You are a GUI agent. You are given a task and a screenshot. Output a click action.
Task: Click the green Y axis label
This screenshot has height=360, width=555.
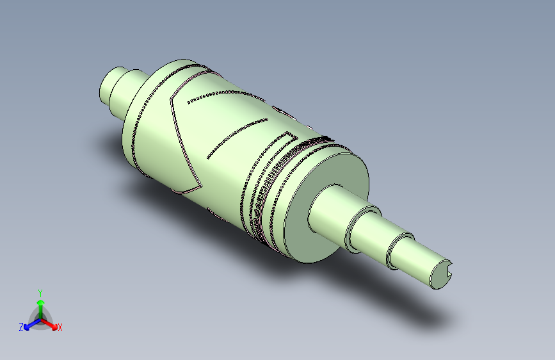[40, 291]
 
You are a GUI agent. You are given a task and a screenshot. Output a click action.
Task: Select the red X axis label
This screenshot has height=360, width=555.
[60, 327]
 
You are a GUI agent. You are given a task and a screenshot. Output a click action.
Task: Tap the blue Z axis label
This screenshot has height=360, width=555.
[20, 327]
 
